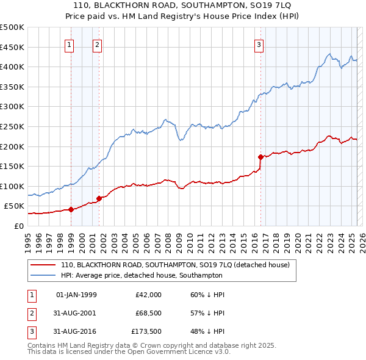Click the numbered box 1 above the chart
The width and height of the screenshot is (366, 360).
tap(70, 44)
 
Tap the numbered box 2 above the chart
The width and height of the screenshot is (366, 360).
tap(97, 44)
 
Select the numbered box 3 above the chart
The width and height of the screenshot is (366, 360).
tap(259, 44)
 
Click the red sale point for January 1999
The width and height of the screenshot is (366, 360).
tap(71, 209)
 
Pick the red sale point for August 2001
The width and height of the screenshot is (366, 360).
tap(99, 198)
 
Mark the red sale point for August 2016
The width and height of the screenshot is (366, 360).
tap(260, 157)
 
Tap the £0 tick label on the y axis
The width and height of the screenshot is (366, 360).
tap(18, 226)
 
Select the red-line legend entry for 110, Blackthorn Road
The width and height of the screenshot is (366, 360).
tap(178, 265)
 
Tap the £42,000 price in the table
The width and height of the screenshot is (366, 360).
tap(148, 295)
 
